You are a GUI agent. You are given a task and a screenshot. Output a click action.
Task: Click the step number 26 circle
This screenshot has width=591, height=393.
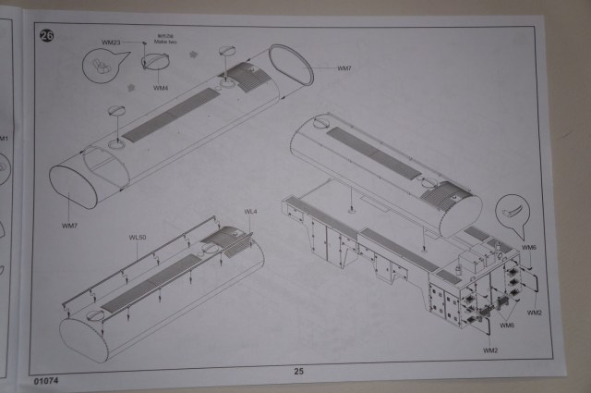click(46, 36)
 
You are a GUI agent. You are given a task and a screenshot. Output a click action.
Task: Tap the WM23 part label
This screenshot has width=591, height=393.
click(111, 43)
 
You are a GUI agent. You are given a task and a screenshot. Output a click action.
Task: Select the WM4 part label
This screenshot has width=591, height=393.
click(161, 88)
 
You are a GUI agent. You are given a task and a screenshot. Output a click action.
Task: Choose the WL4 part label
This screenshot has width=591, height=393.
click(250, 213)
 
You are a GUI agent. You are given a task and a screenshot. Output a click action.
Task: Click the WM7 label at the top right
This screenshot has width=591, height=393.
click(344, 68)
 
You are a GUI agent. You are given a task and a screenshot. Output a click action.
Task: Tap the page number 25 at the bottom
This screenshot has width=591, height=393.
click(298, 372)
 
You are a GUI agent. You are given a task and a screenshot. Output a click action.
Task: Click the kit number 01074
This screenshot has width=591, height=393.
click(45, 380)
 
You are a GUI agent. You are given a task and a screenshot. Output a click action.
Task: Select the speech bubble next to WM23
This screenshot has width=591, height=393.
click(105, 64)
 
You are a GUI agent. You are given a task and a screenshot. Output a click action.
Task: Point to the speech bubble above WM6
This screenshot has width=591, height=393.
click(514, 212)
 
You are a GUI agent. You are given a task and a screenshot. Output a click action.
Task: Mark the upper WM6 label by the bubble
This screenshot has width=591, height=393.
click(528, 249)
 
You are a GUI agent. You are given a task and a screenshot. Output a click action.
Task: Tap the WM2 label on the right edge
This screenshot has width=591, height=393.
click(535, 313)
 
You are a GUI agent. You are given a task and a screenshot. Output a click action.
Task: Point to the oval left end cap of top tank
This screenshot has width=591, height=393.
click(72, 186)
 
